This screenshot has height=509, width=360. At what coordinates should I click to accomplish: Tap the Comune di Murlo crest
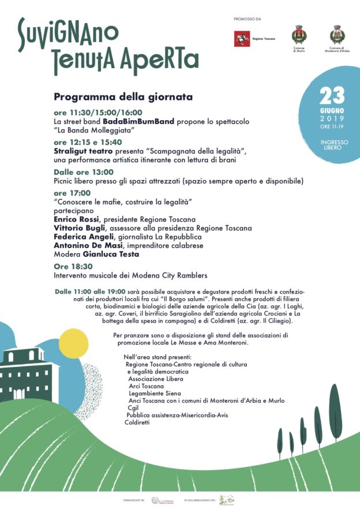(298, 35)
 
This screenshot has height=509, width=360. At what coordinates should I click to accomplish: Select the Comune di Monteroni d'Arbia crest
(337, 35)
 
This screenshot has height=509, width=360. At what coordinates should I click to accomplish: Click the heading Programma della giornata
(123, 96)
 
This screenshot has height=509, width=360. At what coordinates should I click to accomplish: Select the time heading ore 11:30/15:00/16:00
(97, 113)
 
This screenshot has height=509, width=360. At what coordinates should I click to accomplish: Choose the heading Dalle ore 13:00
(84, 171)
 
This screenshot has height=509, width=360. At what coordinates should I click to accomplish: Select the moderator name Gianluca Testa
(114, 253)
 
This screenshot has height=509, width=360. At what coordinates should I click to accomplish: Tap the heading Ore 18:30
(73, 267)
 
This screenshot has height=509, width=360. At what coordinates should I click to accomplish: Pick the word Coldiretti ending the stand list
(137, 422)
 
